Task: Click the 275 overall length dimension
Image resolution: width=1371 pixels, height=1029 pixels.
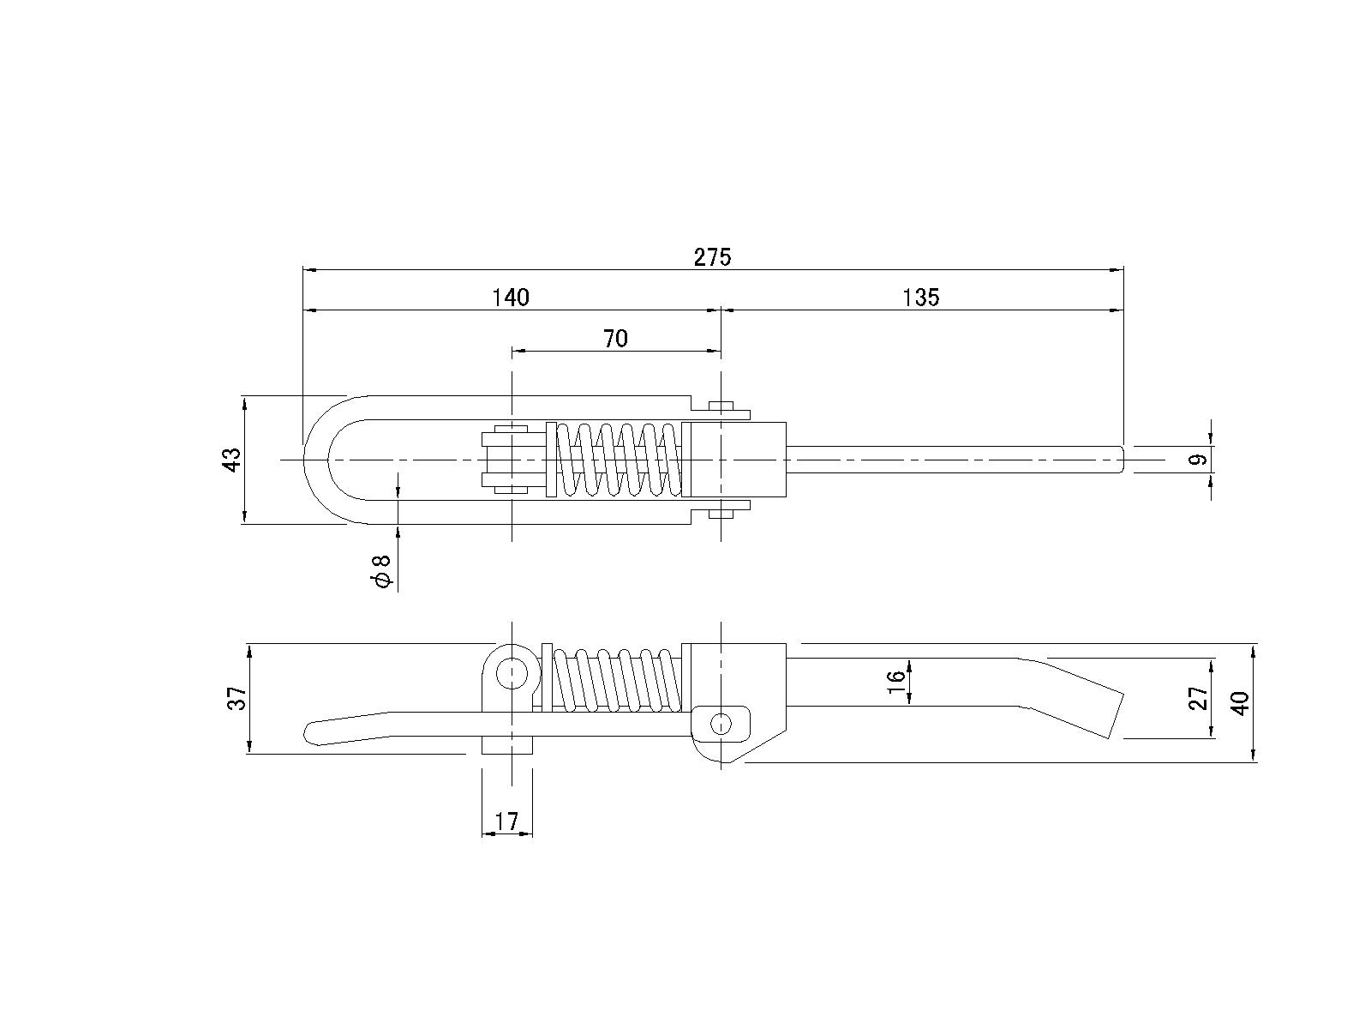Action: point(712,256)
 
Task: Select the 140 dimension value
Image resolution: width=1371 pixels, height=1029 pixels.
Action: point(511,298)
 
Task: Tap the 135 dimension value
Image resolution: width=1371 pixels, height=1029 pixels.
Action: point(920,298)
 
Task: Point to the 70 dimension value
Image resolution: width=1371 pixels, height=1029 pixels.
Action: point(615,339)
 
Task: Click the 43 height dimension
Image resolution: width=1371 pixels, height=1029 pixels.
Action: point(231,460)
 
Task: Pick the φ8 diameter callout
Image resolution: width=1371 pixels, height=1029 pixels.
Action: point(381,571)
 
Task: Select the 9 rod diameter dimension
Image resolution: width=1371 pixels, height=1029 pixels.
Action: point(1197,460)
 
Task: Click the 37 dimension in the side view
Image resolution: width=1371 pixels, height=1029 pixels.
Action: point(237,698)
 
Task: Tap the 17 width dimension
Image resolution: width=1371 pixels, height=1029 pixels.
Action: point(506,821)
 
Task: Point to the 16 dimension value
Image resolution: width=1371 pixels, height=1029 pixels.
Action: point(895,681)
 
